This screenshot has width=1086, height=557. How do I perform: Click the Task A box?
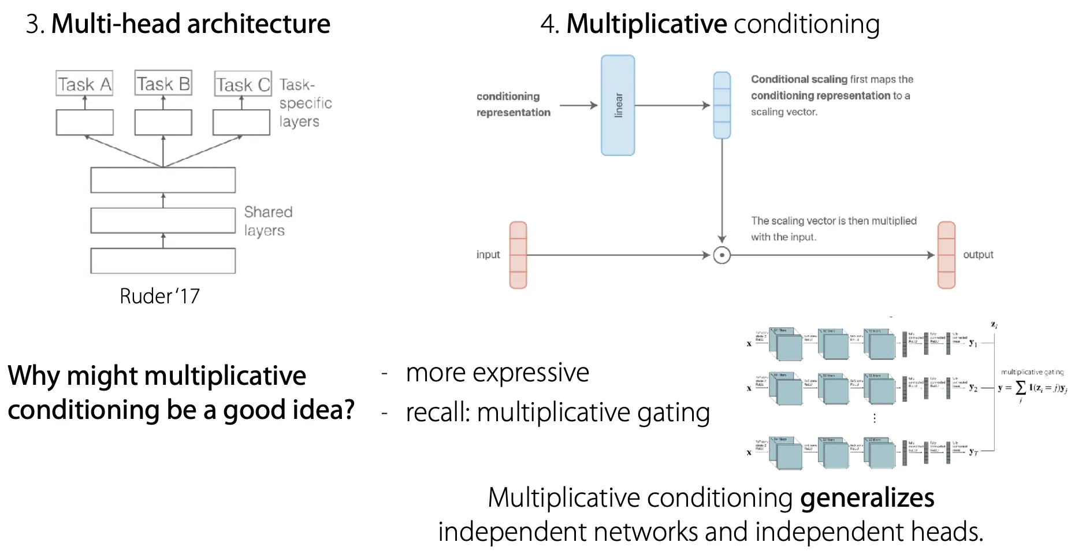(84, 83)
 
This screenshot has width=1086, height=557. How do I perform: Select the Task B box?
(163, 83)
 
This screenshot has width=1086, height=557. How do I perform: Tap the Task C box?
(243, 84)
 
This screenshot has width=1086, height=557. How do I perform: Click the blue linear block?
(618, 105)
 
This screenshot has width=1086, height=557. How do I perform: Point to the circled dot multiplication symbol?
(721, 255)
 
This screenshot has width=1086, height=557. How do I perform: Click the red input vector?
(518, 255)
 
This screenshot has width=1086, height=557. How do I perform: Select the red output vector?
(946, 255)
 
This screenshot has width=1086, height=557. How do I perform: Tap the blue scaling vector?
(721, 105)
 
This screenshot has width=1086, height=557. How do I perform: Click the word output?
(978, 255)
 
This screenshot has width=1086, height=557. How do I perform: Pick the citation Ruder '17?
(159, 296)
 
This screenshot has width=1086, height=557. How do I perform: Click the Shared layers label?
(267, 221)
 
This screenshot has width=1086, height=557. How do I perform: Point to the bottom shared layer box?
(163, 261)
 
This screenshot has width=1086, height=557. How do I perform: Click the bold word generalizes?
(866, 498)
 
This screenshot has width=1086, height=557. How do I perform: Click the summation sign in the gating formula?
(1021, 388)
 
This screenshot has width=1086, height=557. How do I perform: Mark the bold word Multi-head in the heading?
(116, 24)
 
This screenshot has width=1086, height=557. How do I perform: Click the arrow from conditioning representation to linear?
(578, 105)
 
